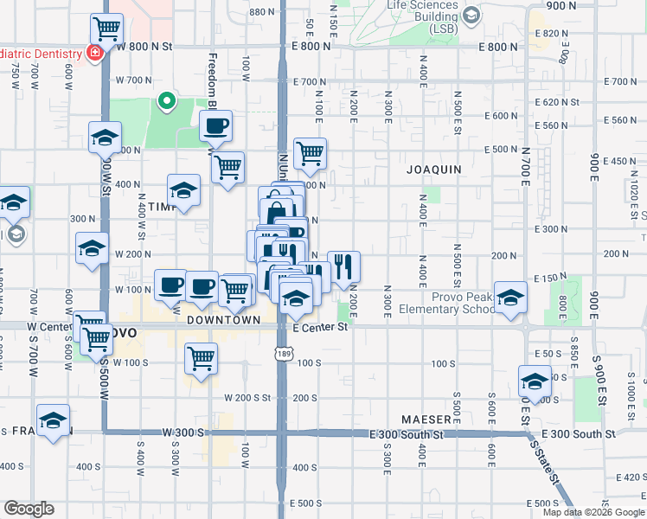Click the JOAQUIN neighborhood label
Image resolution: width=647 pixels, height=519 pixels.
(433, 170)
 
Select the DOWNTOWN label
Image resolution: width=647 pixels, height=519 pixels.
(224, 319)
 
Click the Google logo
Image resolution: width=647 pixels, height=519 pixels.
(29, 509)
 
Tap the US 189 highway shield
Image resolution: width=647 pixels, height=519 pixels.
(283, 353)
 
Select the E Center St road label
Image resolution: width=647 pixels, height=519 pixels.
(319, 328)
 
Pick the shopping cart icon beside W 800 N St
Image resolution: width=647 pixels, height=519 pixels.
(106, 29)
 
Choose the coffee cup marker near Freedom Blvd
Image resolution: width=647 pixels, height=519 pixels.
(215, 127)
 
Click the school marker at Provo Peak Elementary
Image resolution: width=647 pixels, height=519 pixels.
(510, 296)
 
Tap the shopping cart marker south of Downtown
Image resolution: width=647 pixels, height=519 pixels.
(202, 357)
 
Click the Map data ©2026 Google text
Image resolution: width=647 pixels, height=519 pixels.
(593, 512)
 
